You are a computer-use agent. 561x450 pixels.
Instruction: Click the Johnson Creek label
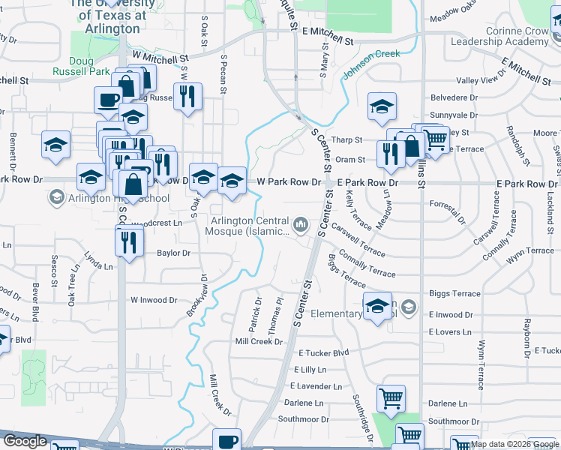371,64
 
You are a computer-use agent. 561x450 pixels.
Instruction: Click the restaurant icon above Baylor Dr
130,241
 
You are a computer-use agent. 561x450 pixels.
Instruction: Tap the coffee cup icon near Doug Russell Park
108,99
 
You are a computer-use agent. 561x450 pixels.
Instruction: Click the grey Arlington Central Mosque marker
301,224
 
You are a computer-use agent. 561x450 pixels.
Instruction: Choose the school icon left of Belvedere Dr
382,106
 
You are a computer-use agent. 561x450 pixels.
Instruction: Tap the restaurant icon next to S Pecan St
187,95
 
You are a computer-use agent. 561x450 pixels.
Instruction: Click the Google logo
25,441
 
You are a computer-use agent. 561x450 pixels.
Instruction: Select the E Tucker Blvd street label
323,352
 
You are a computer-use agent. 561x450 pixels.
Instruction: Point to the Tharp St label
347,140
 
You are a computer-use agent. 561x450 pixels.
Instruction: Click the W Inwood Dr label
153,300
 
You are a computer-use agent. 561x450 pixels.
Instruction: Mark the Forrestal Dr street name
448,204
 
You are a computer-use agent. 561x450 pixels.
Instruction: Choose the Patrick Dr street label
257,316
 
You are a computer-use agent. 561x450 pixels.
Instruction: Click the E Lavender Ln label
316,386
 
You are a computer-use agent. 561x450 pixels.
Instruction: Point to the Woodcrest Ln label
157,223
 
